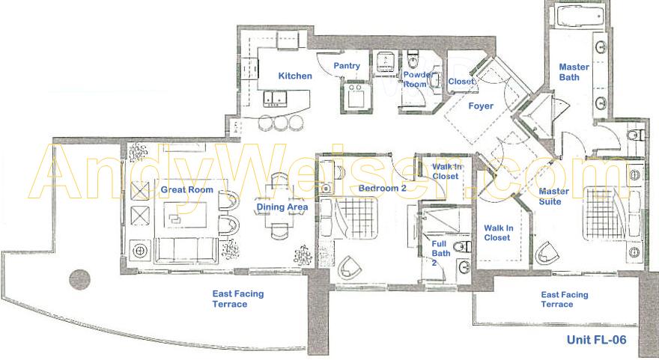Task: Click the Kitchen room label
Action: click(295, 76)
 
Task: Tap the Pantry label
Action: click(347, 66)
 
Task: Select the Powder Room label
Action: click(417, 79)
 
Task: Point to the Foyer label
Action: click(481, 106)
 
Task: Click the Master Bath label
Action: click(574, 72)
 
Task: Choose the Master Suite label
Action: click(554, 196)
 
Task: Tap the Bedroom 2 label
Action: click(383, 188)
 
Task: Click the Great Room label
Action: click(187, 189)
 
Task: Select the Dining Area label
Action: click(282, 207)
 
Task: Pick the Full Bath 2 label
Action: click(440, 253)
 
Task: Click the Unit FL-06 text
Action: click(596, 339)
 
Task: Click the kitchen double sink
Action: click(274, 98)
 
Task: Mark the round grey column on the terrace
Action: click(80, 280)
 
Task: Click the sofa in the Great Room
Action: click(186, 251)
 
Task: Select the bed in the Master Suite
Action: click(607, 214)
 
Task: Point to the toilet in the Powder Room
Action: click(413, 61)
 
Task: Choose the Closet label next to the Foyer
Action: click(461, 82)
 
